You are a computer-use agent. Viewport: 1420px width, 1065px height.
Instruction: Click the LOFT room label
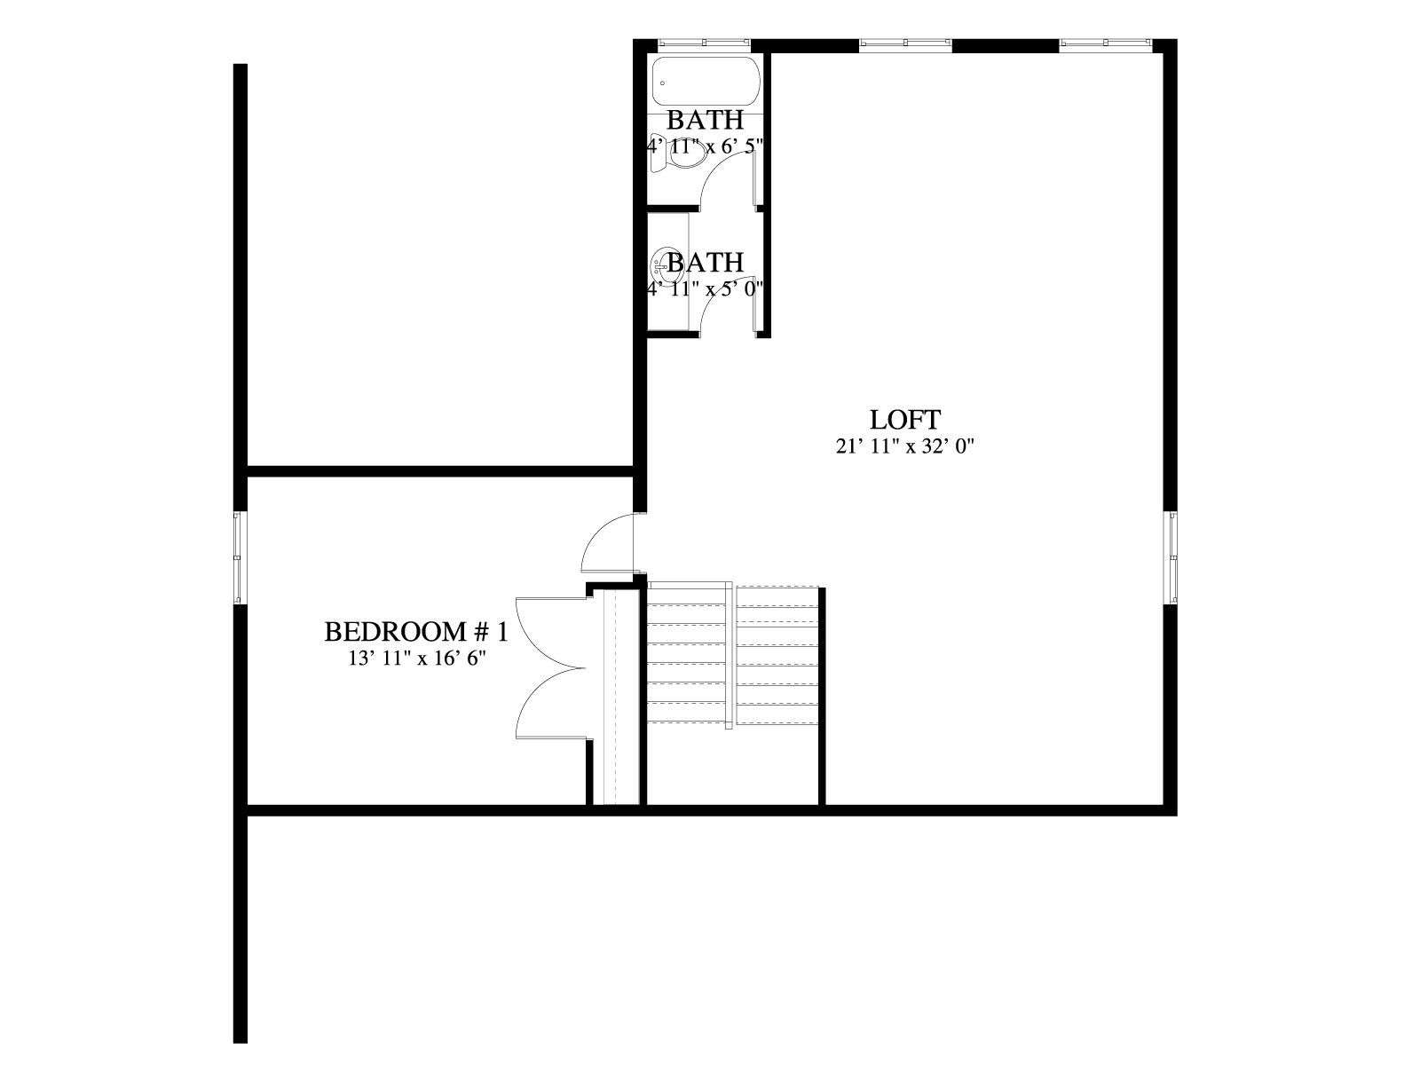click(x=903, y=420)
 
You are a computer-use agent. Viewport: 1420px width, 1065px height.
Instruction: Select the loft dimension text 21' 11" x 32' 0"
click(x=904, y=446)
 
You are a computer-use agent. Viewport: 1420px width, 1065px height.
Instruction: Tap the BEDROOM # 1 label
click(x=416, y=632)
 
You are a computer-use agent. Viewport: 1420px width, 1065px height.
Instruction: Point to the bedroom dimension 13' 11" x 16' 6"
click(x=417, y=659)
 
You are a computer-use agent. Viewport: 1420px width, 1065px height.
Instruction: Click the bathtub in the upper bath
click(x=706, y=82)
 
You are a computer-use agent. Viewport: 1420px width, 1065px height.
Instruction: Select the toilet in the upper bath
click(x=679, y=156)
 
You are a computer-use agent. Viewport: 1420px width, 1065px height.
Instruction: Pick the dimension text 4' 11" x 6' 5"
click(x=706, y=146)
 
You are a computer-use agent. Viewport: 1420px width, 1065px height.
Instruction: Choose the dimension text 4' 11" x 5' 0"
click(x=706, y=288)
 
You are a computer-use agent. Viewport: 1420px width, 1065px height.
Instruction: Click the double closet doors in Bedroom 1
click(x=551, y=667)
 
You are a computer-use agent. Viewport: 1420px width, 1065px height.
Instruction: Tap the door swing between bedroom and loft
click(x=608, y=543)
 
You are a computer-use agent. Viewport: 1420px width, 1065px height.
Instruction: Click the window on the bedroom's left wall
click(x=240, y=556)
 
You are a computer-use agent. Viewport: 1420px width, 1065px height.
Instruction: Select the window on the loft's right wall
click(x=1171, y=556)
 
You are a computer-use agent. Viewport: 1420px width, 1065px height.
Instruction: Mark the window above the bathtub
click(x=704, y=43)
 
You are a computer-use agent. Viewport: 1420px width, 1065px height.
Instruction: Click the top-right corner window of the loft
click(x=1106, y=43)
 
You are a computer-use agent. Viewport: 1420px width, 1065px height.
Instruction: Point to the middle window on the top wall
click(x=906, y=43)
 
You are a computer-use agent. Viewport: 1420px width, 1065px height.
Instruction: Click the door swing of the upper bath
click(x=728, y=181)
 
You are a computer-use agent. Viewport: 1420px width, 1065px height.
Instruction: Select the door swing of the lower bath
click(x=728, y=309)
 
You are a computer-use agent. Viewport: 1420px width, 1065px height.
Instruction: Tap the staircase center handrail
click(x=729, y=655)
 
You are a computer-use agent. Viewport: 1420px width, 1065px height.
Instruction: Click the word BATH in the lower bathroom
click(x=706, y=263)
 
